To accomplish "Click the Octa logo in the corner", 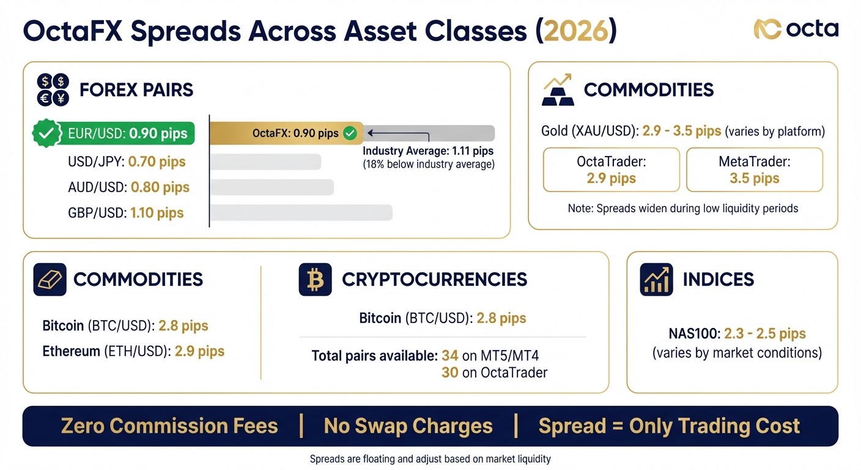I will coord(796,29).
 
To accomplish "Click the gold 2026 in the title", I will coord(575,31).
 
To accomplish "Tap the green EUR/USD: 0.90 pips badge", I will coord(114,133).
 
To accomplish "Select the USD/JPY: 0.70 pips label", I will coord(127,162).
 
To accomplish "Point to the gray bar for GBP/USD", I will coord(301,212).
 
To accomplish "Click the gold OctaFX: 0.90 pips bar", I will coord(286,133).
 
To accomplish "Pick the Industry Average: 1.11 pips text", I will coord(428,151).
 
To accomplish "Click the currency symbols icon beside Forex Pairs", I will coord(53,89).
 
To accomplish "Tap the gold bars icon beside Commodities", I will coord(557,90).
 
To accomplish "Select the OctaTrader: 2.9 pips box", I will coord(611,170).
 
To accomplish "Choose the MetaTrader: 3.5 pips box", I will coord(754,170).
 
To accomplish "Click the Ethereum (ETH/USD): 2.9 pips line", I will coord(133,351).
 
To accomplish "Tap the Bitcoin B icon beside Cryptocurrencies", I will coord(315,280).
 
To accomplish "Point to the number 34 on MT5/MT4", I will coord(449,356).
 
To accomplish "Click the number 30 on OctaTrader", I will coord(449,372).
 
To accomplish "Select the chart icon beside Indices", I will coord(656,280).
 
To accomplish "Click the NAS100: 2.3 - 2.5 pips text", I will coord(737,334).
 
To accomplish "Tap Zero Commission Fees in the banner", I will coord(169,426).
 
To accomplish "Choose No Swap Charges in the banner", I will coord(408,426).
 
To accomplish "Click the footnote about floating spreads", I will coord(430,459).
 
